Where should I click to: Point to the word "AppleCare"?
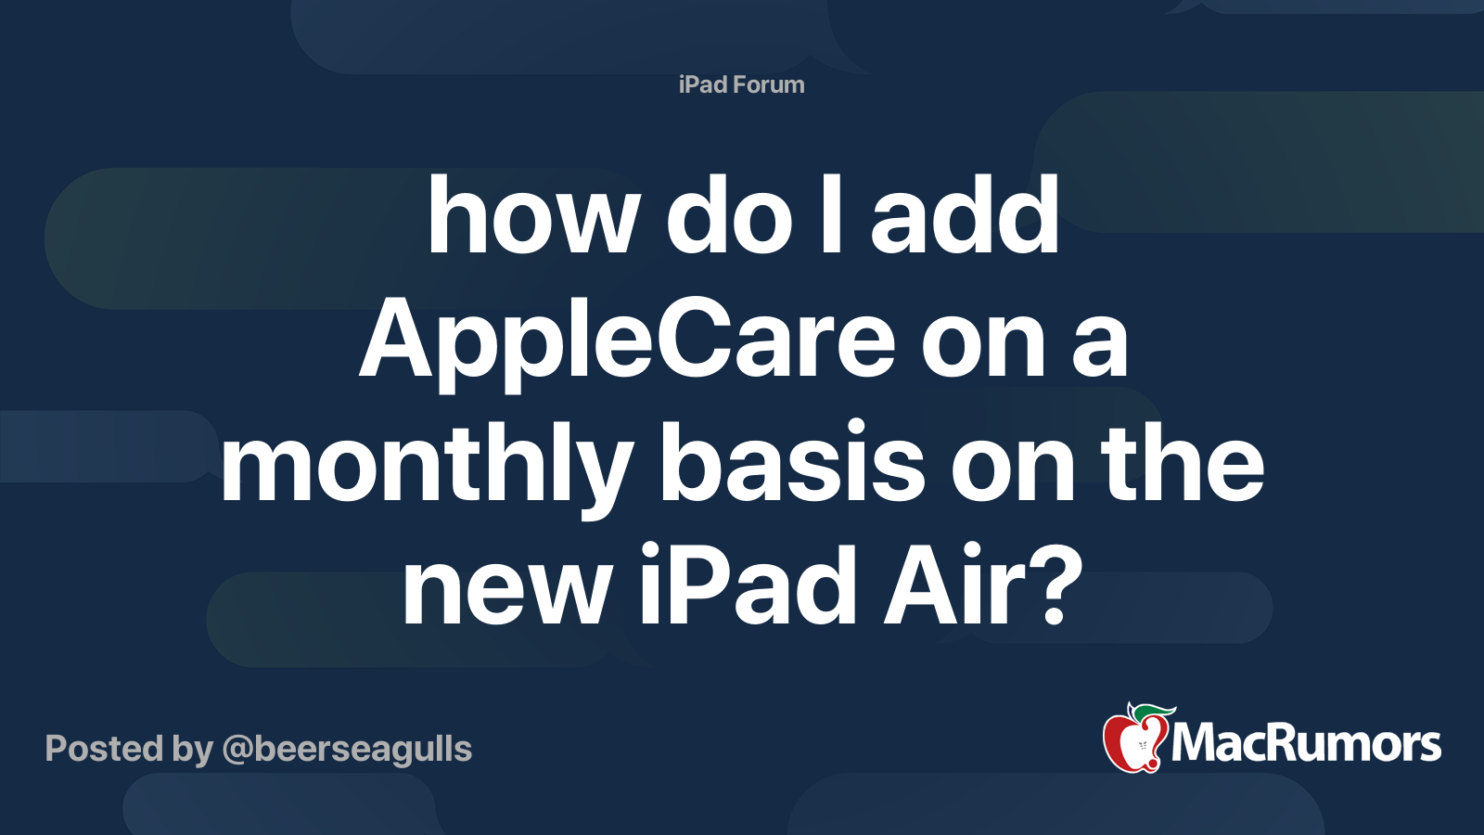coord(627,343)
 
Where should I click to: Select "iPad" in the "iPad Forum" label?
coord(703,84)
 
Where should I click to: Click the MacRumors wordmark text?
coord(1306,743)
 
